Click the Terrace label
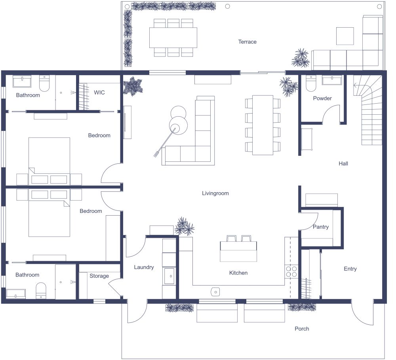247,42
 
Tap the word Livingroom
215,193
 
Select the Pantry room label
321,227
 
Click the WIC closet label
99,92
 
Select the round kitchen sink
215,292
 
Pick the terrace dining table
173,37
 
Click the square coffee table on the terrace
345,36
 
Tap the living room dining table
263,125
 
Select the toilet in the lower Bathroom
41,291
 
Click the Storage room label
99,276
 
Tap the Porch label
302,329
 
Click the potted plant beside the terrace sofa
301,58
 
